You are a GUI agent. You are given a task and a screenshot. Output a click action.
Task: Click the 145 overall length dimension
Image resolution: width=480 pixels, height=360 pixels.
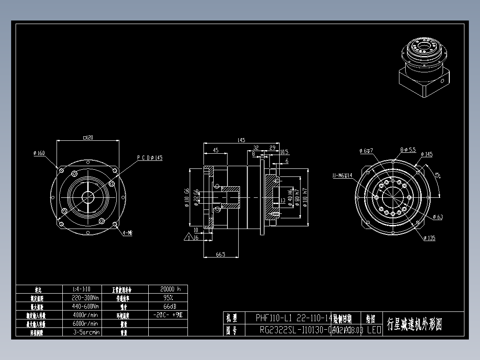click(241, 140)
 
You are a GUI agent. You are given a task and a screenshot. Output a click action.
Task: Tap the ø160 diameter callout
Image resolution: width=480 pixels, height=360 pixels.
click(39, 153)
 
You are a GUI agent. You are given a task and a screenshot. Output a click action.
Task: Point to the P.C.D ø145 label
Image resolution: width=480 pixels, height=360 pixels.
click(150, 158)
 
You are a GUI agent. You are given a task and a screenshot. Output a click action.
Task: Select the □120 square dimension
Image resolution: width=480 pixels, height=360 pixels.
click(88, 138)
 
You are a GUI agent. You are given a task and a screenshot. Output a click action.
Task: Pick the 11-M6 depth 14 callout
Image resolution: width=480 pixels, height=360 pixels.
click(342, 176)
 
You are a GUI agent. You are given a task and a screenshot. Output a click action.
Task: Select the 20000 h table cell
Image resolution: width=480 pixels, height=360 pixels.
click(167, 289)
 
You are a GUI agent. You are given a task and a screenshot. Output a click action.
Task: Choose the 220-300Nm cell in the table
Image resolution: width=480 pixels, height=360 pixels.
click(85, 298)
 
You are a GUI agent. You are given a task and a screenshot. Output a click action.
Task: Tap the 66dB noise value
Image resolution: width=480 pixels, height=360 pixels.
click(167, 306)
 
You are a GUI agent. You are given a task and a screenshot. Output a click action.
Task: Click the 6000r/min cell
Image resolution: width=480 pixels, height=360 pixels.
click(85, 323)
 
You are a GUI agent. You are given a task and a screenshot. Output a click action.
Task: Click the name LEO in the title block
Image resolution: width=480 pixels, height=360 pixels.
click(374, 330)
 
